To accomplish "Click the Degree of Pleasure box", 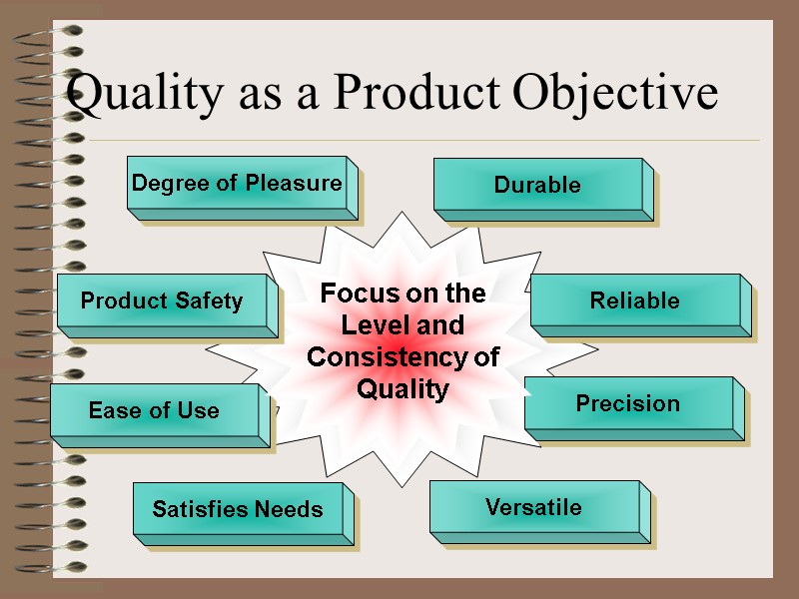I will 237,184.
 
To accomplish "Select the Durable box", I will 538,185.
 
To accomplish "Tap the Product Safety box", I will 162,301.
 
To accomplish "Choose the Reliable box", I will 635,301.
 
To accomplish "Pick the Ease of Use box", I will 155,410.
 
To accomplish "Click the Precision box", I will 628,404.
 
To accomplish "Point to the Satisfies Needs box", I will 238,510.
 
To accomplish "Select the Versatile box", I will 534,507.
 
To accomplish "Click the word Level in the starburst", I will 370,325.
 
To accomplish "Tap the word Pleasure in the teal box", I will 297,184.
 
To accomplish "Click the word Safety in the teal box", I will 209,301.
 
